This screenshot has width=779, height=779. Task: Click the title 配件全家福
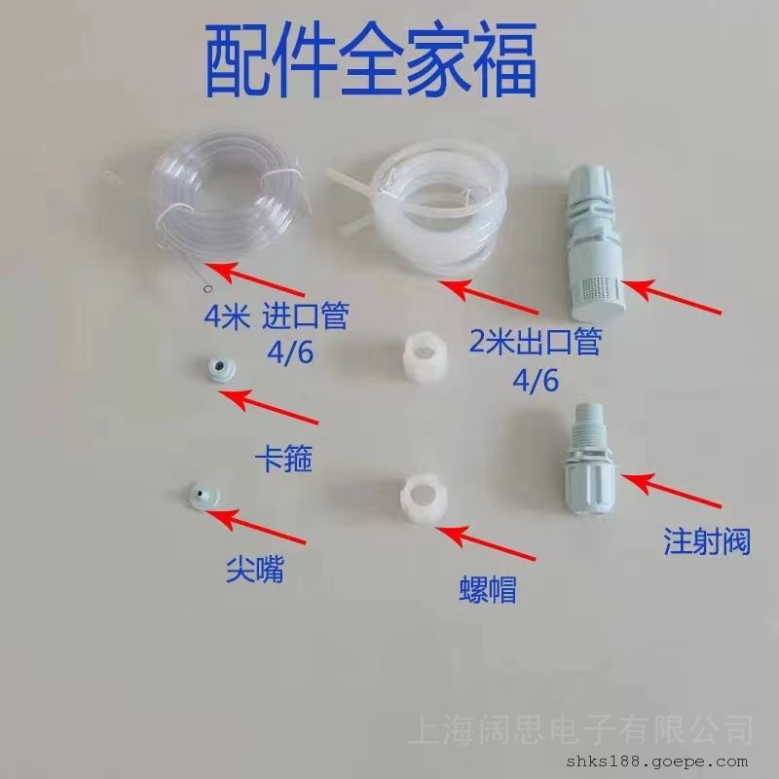pos(370,60)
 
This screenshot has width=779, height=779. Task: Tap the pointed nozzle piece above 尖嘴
pos(204,496)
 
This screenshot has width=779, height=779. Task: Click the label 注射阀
pos(707,541)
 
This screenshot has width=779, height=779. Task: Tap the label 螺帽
pos(488,589)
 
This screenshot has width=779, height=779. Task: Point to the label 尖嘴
pos(255,570)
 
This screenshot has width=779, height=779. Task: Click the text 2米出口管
pos(536,342)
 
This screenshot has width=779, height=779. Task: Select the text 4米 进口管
pos(277,315)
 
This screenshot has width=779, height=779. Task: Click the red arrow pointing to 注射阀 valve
pos(671,492)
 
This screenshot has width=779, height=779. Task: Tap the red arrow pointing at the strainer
pos(671,297)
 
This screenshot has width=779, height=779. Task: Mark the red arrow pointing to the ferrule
pos(269,407)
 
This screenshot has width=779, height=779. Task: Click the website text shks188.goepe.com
pos(656,761)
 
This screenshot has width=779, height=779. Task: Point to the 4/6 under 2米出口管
pos(536,381)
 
